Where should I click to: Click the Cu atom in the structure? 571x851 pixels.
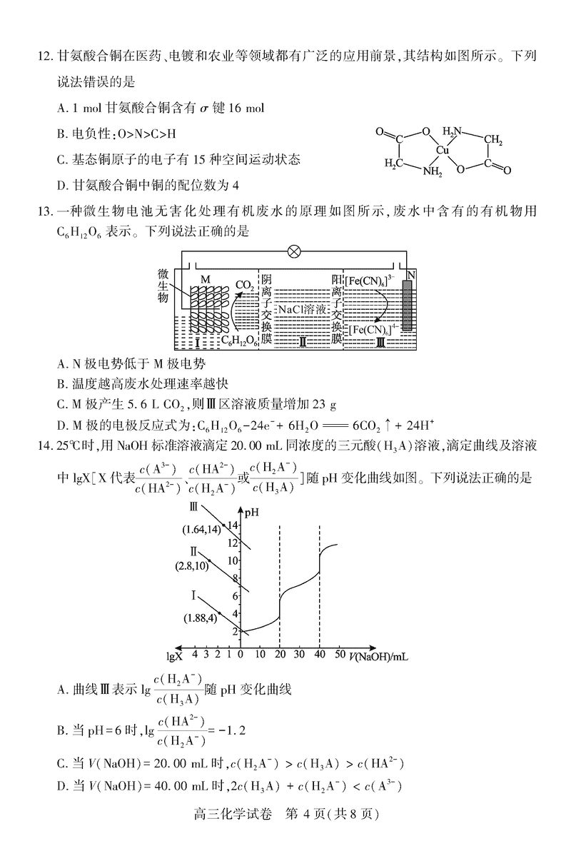[x=443, y=151]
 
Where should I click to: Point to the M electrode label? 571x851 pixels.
[x=205, y=278]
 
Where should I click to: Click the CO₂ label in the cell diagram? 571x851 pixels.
[x=244, y=286]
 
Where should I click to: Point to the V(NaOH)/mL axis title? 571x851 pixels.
[x=380, y=655]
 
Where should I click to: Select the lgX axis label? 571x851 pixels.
[x=174, y=655]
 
